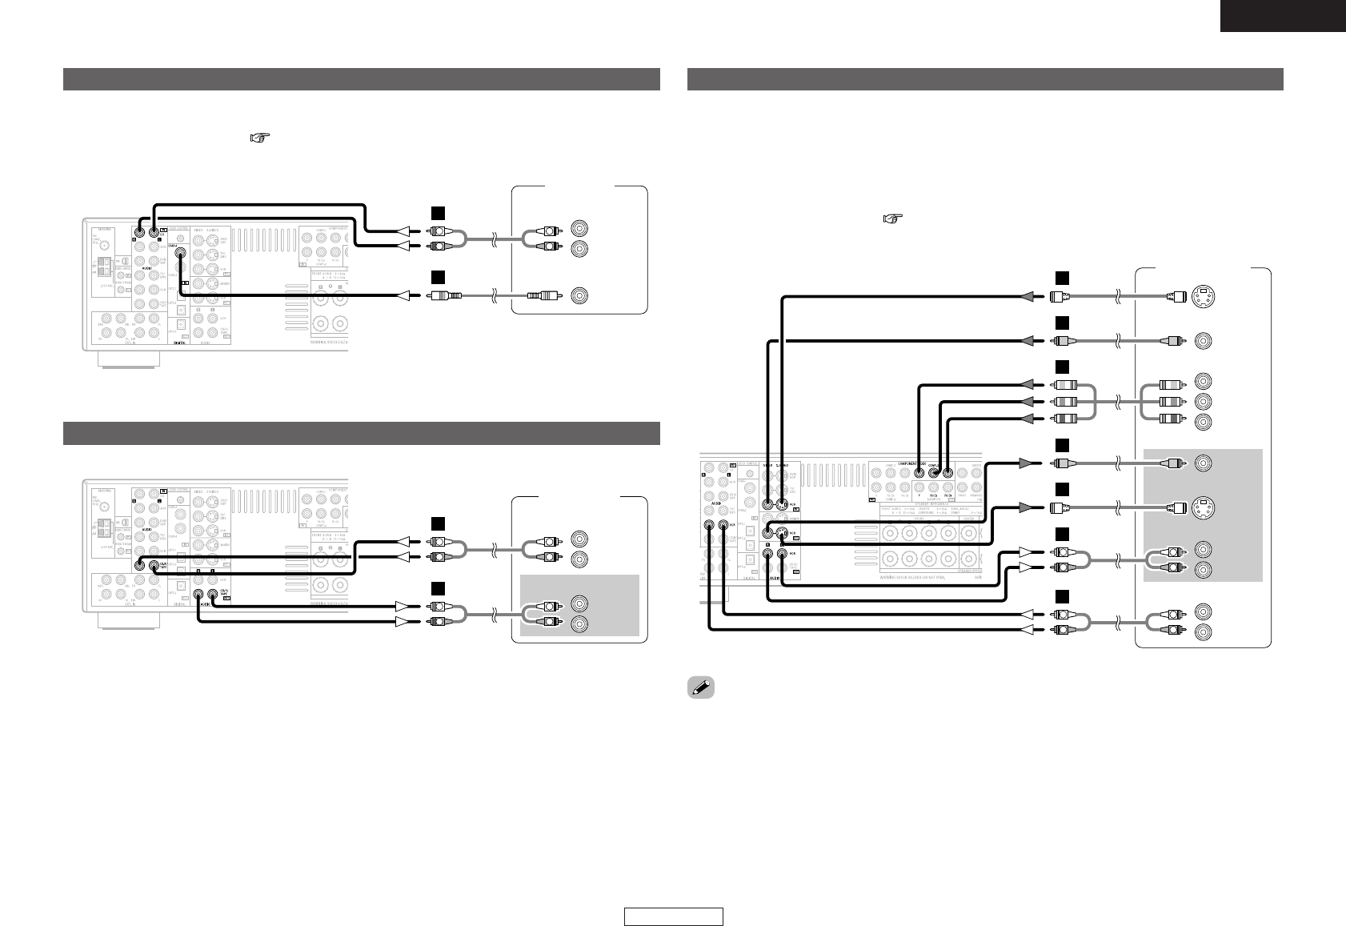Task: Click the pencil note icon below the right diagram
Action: tap(702, 688)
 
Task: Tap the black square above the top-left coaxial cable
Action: tap(437, 277)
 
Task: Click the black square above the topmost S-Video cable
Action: tap(1061, 277)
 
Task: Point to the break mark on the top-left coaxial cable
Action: tap(495, 296)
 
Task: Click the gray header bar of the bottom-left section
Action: tap(361, 433)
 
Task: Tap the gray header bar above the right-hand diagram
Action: tap(985, 79)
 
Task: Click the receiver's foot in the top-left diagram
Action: tap(126, 361)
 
